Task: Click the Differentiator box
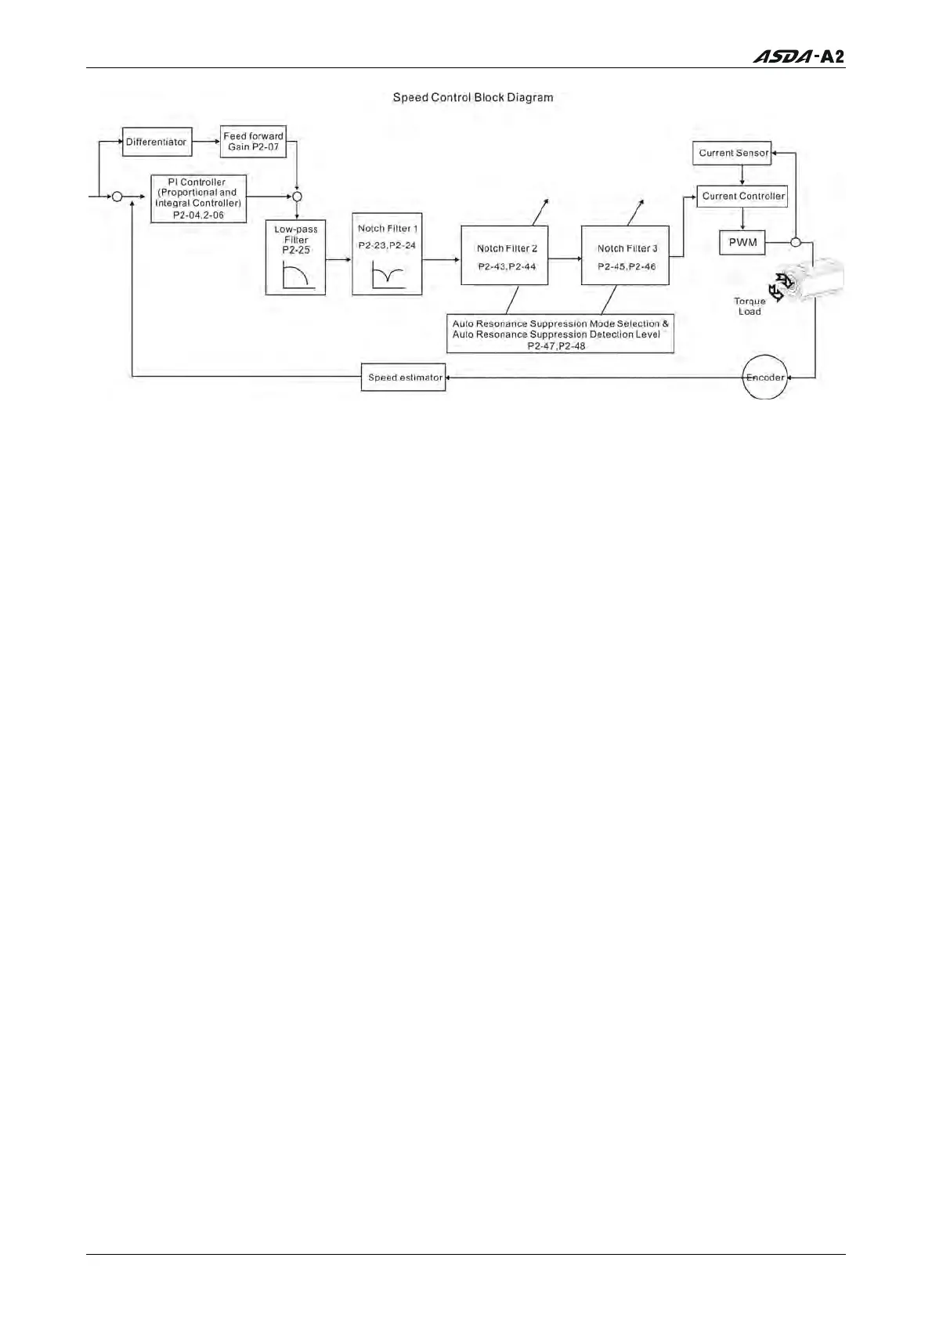pos(157,142)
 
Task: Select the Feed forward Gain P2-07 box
pos(253,142)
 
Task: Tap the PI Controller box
pos(198,198)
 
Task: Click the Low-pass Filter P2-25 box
pos(295,258)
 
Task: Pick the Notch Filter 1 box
pos(387,254)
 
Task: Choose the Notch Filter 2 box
pos(504,255)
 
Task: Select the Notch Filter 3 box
pos(625,255)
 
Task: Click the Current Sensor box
pos(732,153)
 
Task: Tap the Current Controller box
pos(742,196)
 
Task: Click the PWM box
pos(742,242)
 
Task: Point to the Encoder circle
pos(764,378)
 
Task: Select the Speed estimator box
pos(403,378)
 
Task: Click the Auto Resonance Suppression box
pos(560,334)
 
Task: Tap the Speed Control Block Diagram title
pos(473,98)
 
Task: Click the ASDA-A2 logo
pos(799,56)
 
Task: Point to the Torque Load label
pos(750,306)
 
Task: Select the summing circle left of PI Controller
pos(117,197)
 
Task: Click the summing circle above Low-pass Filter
pos(297,197)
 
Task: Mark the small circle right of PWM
pos(795,242)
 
